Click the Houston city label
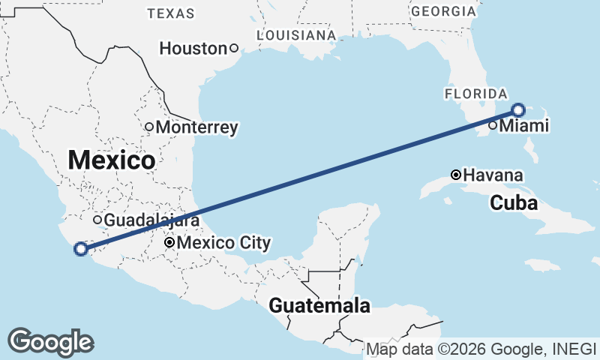point(193,49)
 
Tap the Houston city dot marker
point(233,49)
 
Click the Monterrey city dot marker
point(149,127)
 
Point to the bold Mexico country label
point(112,160)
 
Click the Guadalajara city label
point(151,220)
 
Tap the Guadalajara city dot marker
point(97,220)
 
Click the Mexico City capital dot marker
point(170,242)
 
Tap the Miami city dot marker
point(493,125)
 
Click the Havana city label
point(493,175)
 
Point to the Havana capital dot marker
point(455,175)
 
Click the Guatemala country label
point(319,306)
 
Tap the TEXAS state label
point(171,13)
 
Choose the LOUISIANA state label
point(295,35)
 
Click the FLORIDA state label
point(475,93)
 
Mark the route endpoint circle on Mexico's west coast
point(80,249)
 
